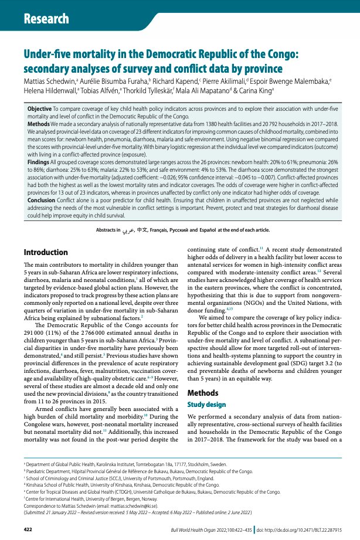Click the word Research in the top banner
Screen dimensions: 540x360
pyautogui.click(x=46, y=19)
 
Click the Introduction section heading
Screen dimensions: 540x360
pyautogui.click(x=54, y=252)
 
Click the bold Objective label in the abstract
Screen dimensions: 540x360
pyautogui.click(x=40, y=109)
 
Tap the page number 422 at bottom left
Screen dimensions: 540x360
pyautogui.click(x=28, y=529)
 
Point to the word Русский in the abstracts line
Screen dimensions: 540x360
pyautogui.click(x=194, y=230)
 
